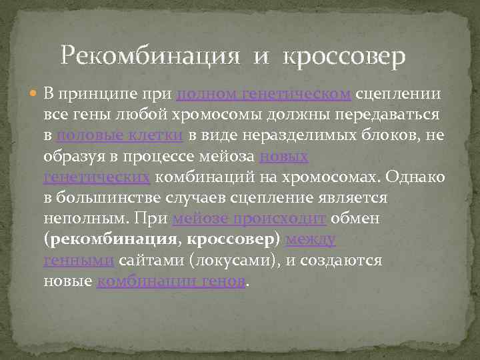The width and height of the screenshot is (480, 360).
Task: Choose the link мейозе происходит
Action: (249, 219)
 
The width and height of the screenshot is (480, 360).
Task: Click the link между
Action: (310, 239)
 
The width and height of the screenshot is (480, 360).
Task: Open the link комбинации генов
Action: (171, 281)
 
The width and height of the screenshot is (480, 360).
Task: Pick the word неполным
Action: (84, 219)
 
